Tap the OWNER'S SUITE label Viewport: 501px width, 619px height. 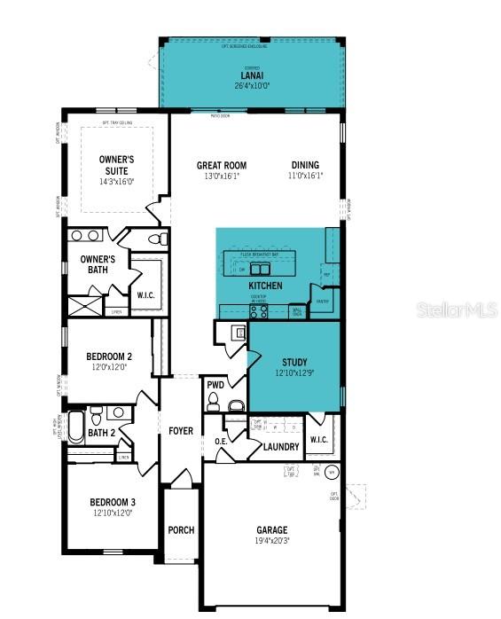[114, 165]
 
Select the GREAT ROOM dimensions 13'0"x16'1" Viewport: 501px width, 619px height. [222, 176]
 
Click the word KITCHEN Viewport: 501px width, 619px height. [265, 286]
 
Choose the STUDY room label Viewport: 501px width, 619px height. [294, 362]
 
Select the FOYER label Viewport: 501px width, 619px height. [181, 431]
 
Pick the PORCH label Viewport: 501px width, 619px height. [181, 530]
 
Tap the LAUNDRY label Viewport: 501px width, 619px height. [281, 447]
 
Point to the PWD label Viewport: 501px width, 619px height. [215, 385]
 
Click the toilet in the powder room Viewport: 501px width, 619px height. [236, 405]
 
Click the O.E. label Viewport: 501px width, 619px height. [222, 442]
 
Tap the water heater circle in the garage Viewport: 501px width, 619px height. [332, 472]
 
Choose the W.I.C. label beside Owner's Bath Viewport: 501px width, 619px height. [146, 295]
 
